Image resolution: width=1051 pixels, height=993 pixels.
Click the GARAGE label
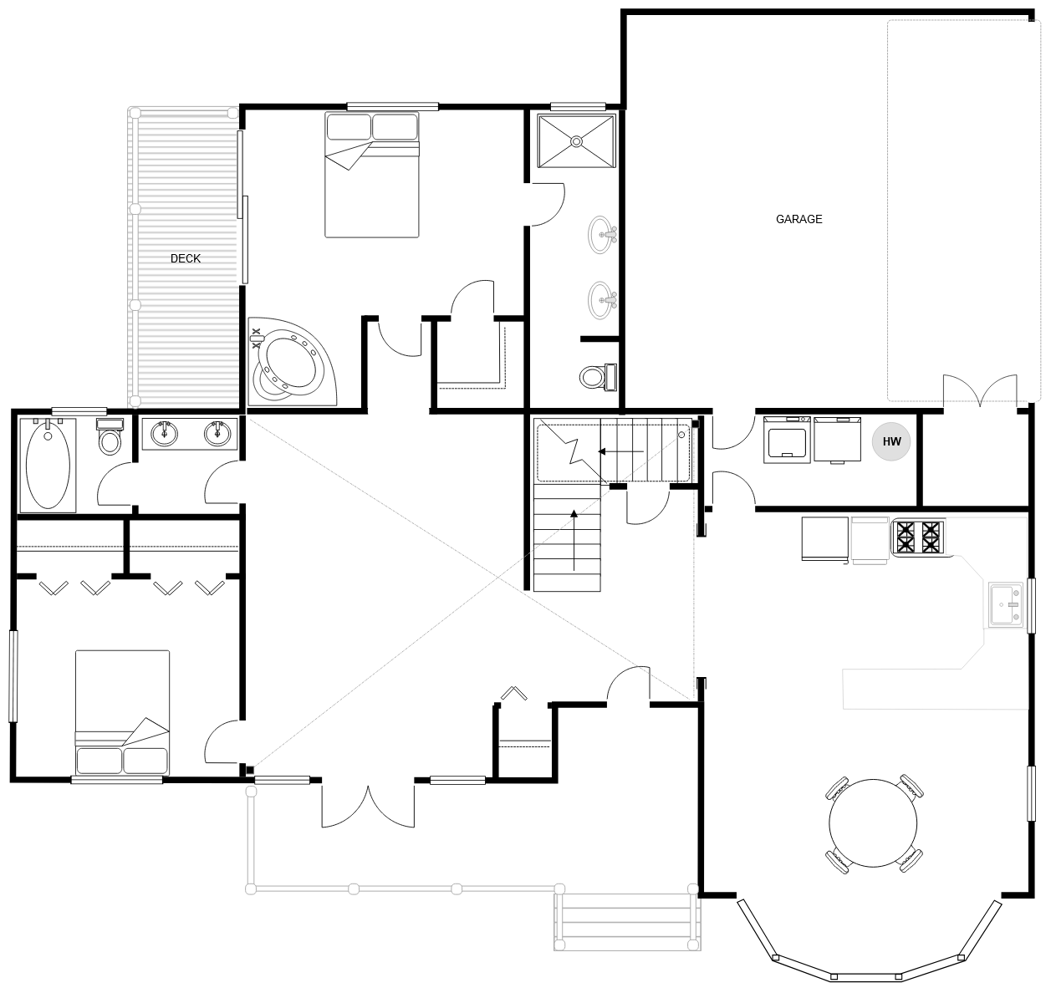(x=798, y=219)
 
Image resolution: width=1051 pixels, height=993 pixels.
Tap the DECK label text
(x=185, y=258)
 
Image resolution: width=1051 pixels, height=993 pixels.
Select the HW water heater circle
(x=892, y=441)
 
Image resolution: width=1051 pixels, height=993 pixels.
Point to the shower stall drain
(x=576, y=141)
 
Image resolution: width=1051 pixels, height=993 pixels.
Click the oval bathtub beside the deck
(x=48, y=466)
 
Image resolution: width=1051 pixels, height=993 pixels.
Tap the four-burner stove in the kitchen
(x=918, y=537)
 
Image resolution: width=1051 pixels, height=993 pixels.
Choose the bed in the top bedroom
(x=371, y=176)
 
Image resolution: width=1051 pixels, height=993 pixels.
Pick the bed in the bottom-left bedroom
(x=122, y=712)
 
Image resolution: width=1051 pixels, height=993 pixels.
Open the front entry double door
(x=367, y=806)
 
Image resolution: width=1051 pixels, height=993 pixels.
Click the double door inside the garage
(x=981, y=391)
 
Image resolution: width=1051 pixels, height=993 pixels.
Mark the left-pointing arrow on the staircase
(x=620, y=452)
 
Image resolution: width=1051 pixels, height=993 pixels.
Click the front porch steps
(x=625, y=922)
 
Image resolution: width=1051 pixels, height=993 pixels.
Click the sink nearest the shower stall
(x=602, y=234)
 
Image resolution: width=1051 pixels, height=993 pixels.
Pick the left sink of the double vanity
(x=164, y=433)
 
